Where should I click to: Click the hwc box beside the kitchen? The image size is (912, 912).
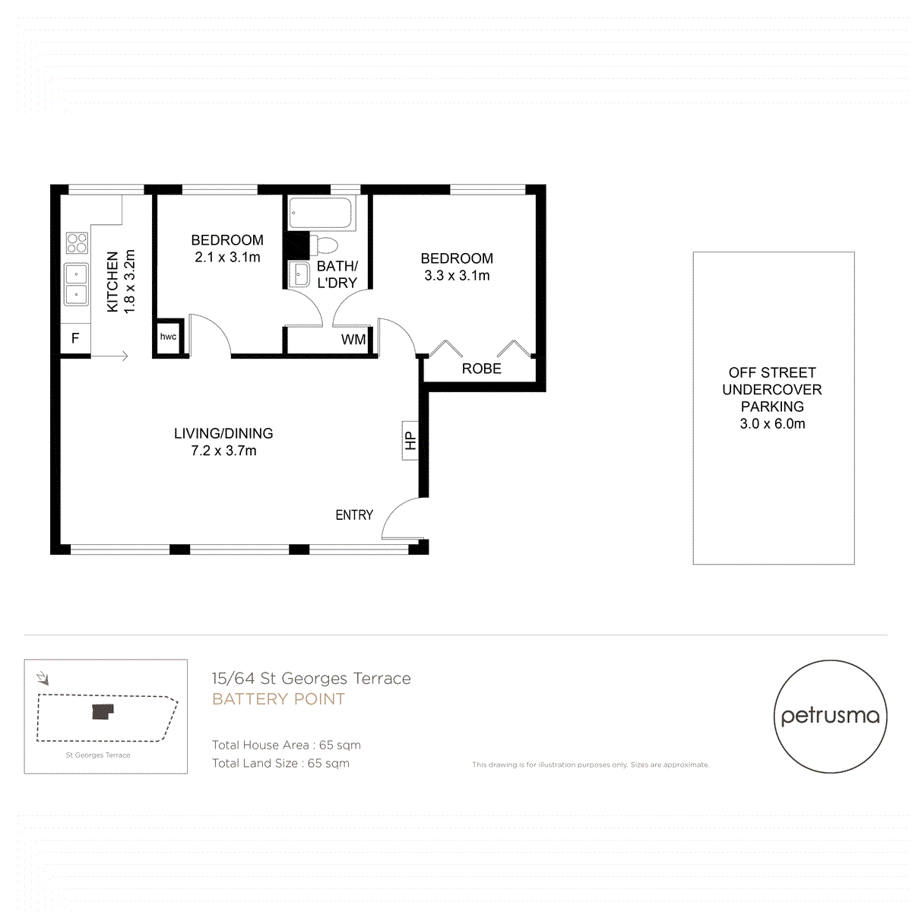(x=168, y=337)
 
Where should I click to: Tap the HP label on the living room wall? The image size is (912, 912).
(x=410, y=441)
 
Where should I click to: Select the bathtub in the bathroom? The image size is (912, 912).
(x=321, y=214)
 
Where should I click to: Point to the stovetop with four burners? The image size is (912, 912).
(x=77, y=242)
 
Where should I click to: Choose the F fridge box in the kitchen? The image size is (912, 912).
(x=75, y=338)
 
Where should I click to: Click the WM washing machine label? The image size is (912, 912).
(x=353, y=340)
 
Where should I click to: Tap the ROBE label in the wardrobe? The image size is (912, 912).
(x=481, y=369)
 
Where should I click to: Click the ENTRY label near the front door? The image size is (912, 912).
(x=354, y=515)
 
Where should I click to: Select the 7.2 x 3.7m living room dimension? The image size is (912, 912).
(x=223, y=451)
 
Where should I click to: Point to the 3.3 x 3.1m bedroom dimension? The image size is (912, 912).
(x=457, y=276)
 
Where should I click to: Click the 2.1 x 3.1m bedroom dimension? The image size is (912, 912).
(x=227, y=258)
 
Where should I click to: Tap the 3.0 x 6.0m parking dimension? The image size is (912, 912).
(x=772, y=424)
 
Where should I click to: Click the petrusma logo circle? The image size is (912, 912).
(x=830, y=716)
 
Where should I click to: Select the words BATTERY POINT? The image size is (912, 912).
(x=278, y=699)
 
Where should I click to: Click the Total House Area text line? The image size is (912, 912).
(x=286, y=745)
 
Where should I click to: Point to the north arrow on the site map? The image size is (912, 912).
(x=43, y=678)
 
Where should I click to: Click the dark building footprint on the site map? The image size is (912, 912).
(x=102, y=711)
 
